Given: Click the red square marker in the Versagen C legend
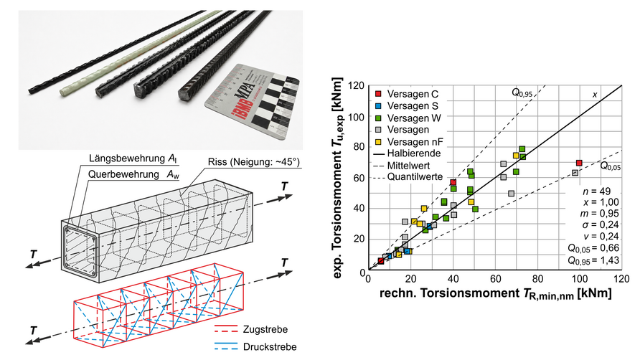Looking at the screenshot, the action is (378, 94).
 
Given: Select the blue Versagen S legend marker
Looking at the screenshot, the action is (378, 106).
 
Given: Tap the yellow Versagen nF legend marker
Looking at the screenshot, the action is (378, 142).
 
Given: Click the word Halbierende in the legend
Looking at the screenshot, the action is (414, 153).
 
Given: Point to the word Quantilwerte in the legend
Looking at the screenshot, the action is (415, 176).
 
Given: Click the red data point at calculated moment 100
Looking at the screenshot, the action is (579, 164).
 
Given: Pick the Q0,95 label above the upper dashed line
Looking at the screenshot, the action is (522, 93).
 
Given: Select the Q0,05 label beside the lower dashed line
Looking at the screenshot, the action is (610, 166).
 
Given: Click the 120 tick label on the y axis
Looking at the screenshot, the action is (356, 86).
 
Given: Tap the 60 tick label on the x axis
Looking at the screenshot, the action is (496, 279).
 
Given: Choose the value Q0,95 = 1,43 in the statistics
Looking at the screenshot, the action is (593, 260).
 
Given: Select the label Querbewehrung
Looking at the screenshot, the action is (123, 174).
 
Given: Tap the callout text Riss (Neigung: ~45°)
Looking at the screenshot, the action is (254, 161).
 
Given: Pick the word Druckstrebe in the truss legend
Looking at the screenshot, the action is (270, 347).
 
